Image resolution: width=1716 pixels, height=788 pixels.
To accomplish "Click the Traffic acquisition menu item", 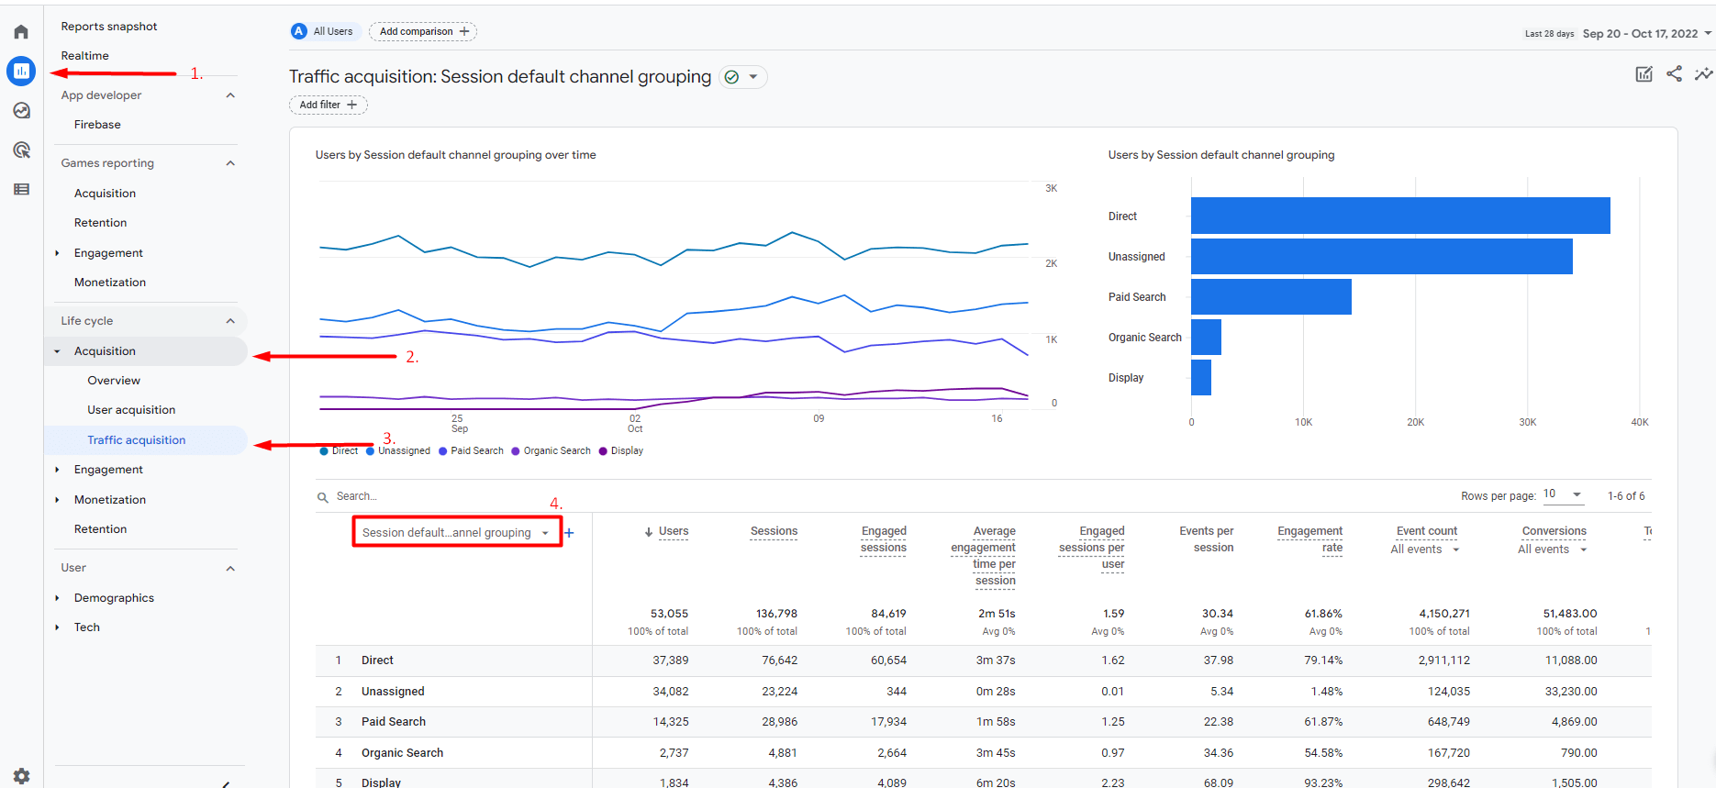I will pyautogui.click(x=136, y=440).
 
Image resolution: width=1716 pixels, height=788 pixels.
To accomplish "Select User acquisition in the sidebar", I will pyautogui.click(x=131, y=410).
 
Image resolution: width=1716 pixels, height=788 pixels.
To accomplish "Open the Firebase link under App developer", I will pyautogui.click(x=97, y=125).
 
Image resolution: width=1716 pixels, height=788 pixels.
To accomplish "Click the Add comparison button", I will pyautogui.click(x=423, y=31).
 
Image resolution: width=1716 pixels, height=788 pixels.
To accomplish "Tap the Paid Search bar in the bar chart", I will pyautogui.click(x=1271, y=297).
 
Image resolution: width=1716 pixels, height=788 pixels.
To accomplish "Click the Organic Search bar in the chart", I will pyautogui.click(x=1206, y=338).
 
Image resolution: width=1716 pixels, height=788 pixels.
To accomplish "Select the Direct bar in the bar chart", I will pyautogui.click(x=1400, y=216).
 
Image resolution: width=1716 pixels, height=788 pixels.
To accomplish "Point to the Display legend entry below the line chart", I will pyautogui.click(x=621, y=451).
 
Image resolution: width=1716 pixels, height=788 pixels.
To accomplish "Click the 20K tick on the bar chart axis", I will pyautogui.click(x=1415, y=423).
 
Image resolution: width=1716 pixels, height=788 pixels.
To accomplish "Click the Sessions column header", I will pyautogui.click(x=774, y=531).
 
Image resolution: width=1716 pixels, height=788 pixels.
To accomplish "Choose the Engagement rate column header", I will pyautogui.click(x=1309, y=539).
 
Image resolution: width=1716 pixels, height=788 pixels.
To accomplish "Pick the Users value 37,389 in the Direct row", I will pyautogui.click(x=670, y=660).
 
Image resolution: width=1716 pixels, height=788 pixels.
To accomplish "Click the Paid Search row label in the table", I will pyautogui.click(x=393, y=722).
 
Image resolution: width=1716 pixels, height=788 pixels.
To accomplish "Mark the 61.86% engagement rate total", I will pyautogui.click(x=1322, y=614).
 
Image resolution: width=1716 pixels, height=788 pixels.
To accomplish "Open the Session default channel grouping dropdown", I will pyautogui.click(x=456, y=533).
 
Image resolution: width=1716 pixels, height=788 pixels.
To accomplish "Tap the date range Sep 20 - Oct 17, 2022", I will pyautogui.click(x=1640, y=34).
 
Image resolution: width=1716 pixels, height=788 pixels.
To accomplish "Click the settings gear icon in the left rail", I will pyautogui.click(x=21, y=775).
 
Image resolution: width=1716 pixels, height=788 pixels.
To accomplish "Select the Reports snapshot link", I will pyautogui.click(x=109, y=27).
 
